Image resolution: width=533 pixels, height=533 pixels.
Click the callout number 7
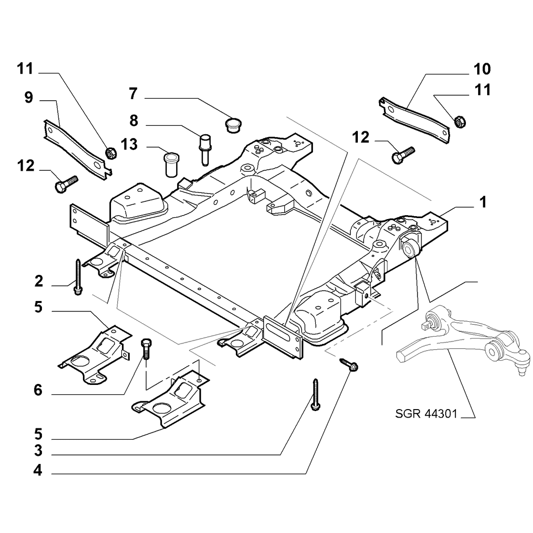tap(133, 93)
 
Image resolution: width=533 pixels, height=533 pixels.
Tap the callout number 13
tap(129, 145)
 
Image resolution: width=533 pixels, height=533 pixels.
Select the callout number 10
tap(482, 70)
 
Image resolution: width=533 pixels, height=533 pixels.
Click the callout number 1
tap(483, 202)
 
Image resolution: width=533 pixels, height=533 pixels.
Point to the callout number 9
tap(29, 98)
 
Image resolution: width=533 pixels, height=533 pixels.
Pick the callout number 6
tap(38, 390)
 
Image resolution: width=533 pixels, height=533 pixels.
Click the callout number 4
tap(38, 470)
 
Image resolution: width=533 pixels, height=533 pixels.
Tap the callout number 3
tap(38, 451)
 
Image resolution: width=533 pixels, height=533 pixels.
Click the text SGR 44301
tap(426, 414)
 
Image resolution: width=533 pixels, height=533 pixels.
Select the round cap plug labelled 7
tap(233, 125)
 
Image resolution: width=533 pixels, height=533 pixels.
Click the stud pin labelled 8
tap(205, 150)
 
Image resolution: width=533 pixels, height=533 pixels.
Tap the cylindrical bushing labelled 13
tap(172, 164)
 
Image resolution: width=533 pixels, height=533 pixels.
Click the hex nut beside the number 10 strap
tap(459, 121)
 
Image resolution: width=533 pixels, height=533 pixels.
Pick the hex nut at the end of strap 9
tap(111, 153)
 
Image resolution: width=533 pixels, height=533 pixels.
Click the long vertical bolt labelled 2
tap(78, 277)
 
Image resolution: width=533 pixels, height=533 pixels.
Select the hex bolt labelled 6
tap(146, 348)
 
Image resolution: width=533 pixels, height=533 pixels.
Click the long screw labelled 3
tap(315, 395)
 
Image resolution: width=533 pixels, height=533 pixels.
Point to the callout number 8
tap(134, 121)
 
